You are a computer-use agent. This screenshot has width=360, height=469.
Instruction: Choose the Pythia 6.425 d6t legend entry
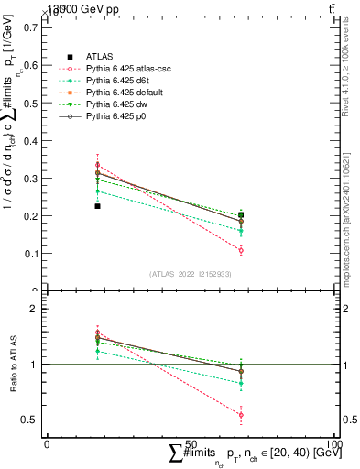pos(118,81)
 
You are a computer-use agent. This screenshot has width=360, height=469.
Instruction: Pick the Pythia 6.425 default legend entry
pos(124,93)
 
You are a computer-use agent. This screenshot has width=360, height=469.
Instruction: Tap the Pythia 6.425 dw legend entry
pos(117,105)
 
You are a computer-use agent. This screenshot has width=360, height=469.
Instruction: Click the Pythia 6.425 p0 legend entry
pos(117,117)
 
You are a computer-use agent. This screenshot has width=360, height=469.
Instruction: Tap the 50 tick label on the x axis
pos(191,443)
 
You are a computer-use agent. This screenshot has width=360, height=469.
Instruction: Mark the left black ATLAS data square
pos(97,206)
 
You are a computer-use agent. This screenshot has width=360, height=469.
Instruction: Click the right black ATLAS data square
pos(241,215)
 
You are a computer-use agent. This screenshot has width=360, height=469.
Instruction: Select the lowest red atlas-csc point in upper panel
pos(241,250)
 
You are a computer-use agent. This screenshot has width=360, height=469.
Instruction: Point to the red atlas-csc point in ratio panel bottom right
pos(241,415)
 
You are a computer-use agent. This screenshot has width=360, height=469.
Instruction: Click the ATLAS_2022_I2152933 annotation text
pos(191,274)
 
